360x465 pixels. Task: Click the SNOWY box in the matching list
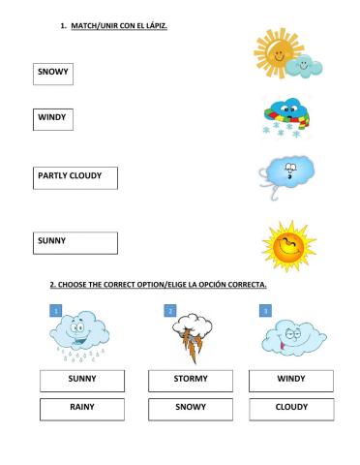click(x=52, y=74)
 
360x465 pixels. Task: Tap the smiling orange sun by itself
click(x=288, y=246)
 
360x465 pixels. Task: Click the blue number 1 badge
click(x=56, y=310)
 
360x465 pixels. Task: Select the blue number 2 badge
click(x=170, y=310)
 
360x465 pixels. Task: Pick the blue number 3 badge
click(x=265, y=310)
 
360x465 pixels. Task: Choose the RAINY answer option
click(x=81, y=409)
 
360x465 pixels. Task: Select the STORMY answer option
click(x=191, y=379)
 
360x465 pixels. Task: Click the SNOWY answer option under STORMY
click(x=191, y=409)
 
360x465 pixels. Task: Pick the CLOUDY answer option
click(x=290, y=409)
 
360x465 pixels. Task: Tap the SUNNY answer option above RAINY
click(x=81, y=379)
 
